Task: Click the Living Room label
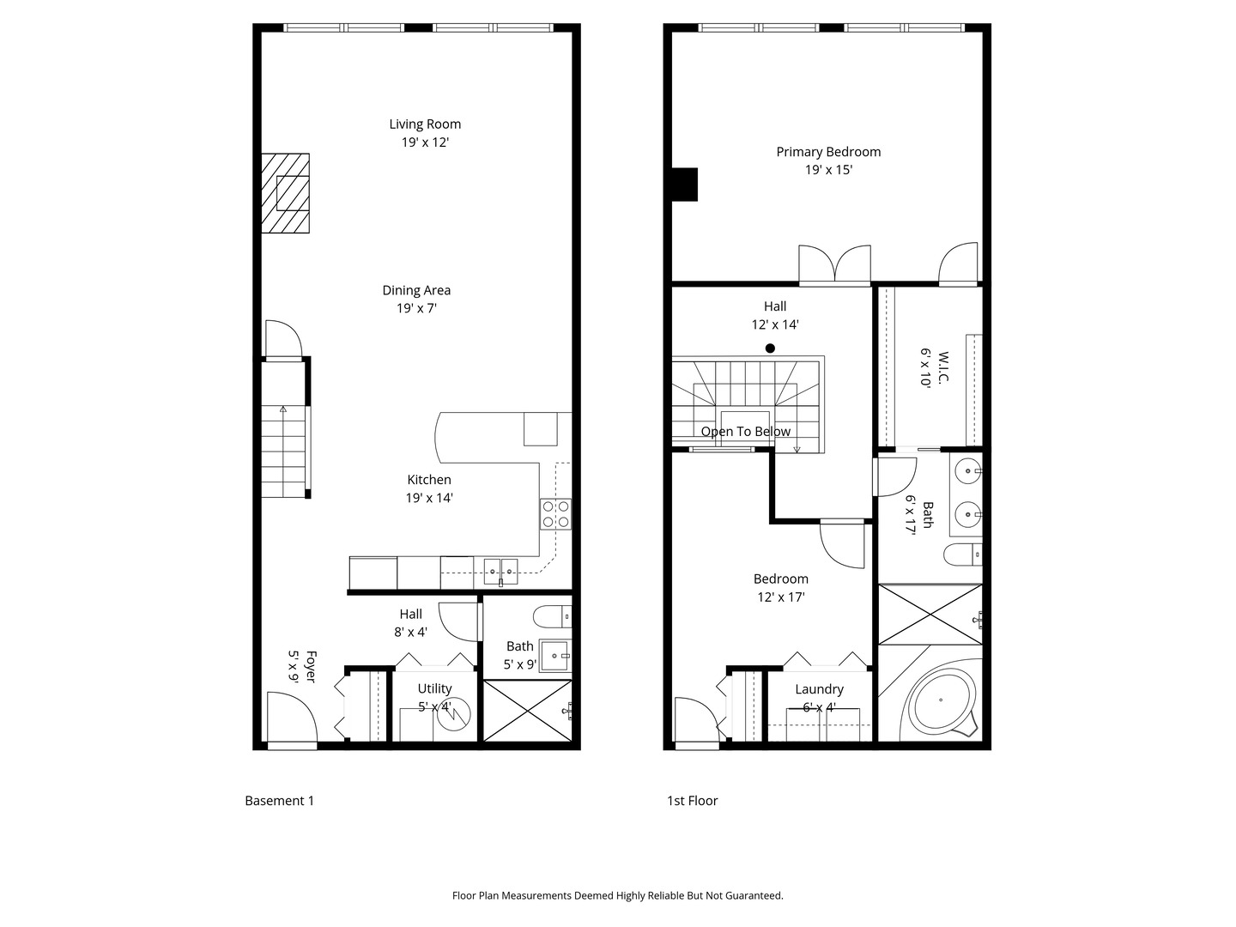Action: (425, 124)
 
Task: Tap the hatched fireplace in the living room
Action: (286, 193)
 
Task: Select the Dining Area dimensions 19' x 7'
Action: (416, 309)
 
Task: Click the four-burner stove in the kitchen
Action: (555, 513)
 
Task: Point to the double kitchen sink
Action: (500, 570)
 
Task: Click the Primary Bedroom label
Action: (828, 152)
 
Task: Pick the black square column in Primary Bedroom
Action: (684, 185)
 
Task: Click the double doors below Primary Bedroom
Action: (834, 265)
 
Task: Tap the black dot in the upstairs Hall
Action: (770, 348)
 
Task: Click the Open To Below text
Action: (745, 432)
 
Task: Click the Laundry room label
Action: (819, 689)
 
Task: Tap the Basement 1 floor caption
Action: (280, 801)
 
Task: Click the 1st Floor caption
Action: (692, 801)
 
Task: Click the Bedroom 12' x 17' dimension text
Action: (781, 597)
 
